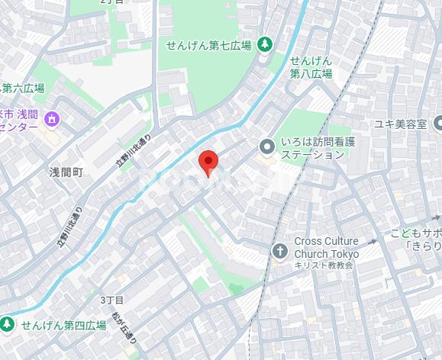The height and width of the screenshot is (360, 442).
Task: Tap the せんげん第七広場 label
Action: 209,45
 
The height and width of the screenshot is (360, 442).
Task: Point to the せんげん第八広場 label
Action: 311,67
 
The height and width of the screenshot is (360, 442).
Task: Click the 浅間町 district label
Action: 66,172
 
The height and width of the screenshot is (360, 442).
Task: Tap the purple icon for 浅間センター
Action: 51,119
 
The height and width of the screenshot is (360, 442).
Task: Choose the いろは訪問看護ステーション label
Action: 313,148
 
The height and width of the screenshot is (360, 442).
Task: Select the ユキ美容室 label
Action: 398,124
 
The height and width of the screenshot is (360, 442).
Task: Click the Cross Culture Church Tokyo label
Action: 326,247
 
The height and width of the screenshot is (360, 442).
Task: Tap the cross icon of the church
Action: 279,250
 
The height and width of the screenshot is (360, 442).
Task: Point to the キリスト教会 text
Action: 324,265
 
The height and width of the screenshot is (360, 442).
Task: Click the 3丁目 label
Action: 111,301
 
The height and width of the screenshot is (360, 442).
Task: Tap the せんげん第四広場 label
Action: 63,326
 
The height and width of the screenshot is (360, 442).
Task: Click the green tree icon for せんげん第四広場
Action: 8,325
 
